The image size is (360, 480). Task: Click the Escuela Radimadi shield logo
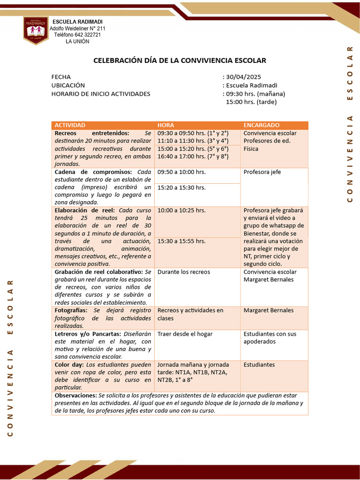[36, 30]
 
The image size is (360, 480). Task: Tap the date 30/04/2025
[243, 77]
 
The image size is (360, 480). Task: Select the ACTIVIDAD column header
[70, 125]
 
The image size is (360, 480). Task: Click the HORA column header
[165, 125]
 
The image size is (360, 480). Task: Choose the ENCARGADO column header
[262, 125]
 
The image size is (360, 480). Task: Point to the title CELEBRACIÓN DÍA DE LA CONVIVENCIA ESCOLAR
[180, 60]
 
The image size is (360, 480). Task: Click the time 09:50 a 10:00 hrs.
[181, 172]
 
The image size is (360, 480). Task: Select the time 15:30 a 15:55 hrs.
[181, 241]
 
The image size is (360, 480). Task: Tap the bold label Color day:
[69, 365]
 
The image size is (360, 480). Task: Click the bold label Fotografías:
[73, 310]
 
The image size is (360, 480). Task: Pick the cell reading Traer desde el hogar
[185, 334]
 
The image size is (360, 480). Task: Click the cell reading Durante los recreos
[184, 272]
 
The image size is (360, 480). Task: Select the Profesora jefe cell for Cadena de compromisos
[262, 172]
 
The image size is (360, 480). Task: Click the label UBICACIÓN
[68, 85]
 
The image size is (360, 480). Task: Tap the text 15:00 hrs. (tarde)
[251, 102]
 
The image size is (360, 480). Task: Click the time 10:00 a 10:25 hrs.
[181, 210]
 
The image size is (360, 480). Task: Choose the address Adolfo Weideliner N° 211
[77, 29]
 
